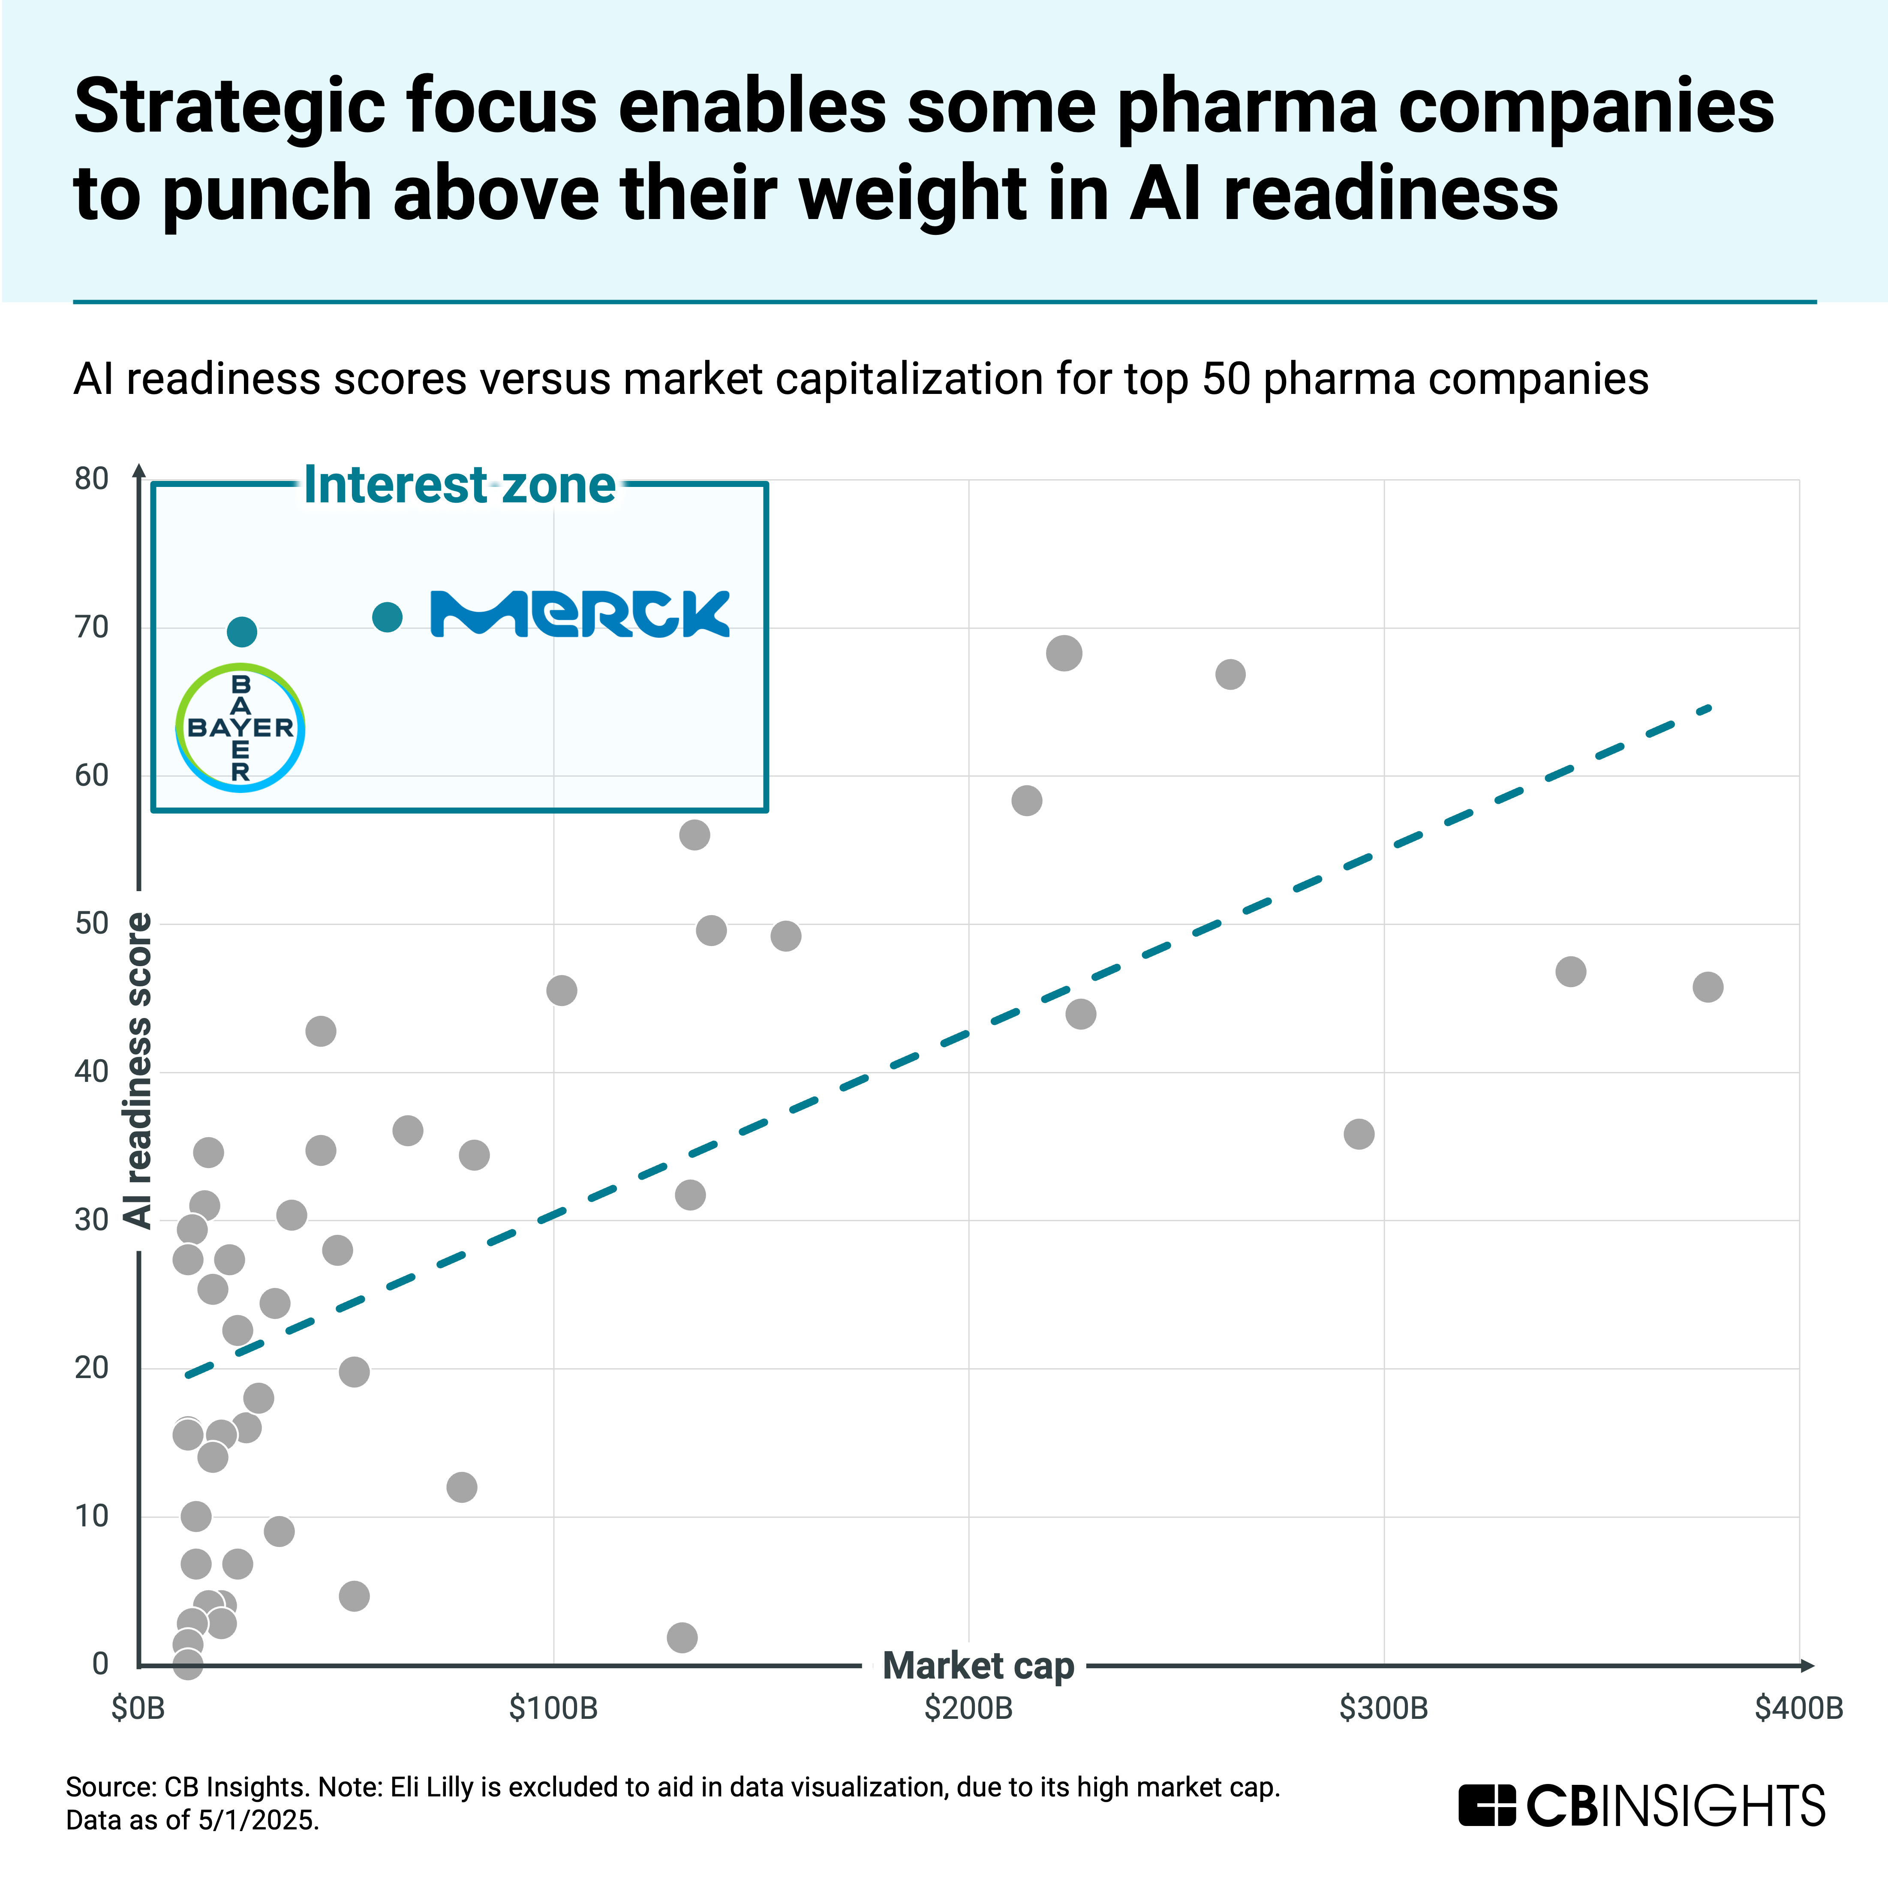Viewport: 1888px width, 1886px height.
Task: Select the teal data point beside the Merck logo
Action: point(388,617)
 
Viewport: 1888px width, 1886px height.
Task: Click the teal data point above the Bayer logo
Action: point(241,632)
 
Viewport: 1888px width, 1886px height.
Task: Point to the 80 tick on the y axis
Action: point(92,479)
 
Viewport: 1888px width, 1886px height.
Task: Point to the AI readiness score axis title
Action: point(138,1070)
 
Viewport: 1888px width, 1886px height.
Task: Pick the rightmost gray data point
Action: point(1707,987)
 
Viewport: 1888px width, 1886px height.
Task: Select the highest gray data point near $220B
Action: point(1063,653)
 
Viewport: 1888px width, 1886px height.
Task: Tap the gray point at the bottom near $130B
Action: point(682,1637)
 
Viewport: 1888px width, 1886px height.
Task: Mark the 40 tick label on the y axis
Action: point(92,1072)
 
